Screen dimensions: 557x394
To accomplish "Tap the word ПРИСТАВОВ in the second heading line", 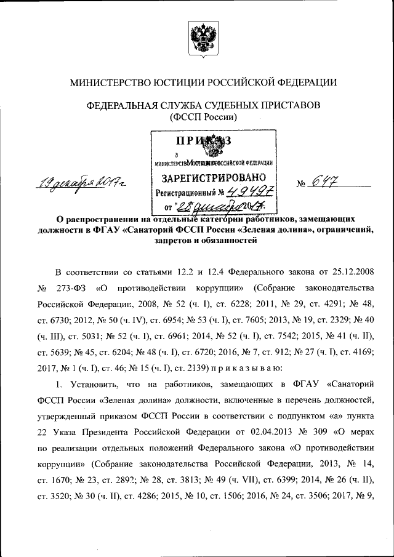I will [289, 105].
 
